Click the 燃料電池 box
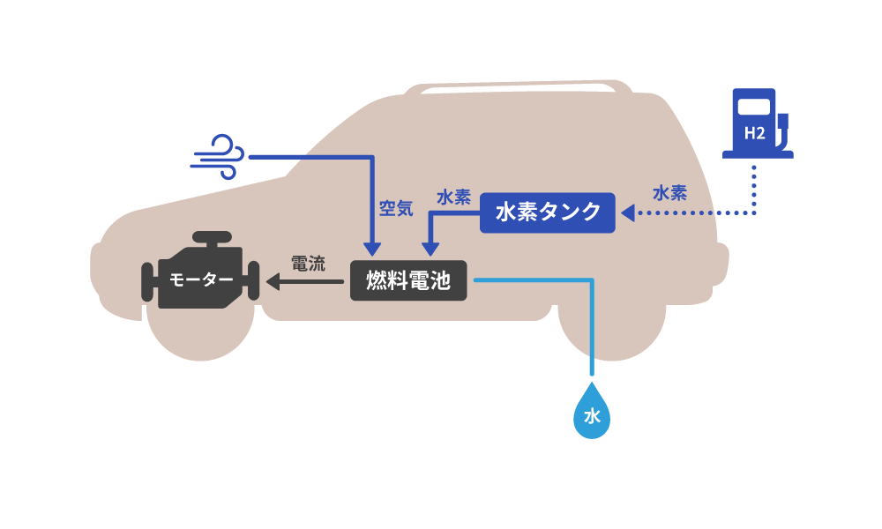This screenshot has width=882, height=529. click(407, 281)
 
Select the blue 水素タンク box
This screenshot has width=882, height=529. click(547, 212)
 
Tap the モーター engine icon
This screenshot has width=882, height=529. click(200, 278)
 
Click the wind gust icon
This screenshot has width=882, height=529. click(217, 157)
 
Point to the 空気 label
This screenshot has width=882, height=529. click(395, 208)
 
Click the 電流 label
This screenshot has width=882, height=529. click(308, 263)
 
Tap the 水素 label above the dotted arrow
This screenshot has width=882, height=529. click(670, 192)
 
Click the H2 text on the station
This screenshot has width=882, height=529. click(754, 134)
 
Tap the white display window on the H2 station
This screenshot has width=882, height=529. click(754, 107)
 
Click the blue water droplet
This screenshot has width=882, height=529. click(592, 413)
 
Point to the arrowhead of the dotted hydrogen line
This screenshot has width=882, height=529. click(627, 213)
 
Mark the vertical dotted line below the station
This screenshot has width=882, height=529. click(754, 187)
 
